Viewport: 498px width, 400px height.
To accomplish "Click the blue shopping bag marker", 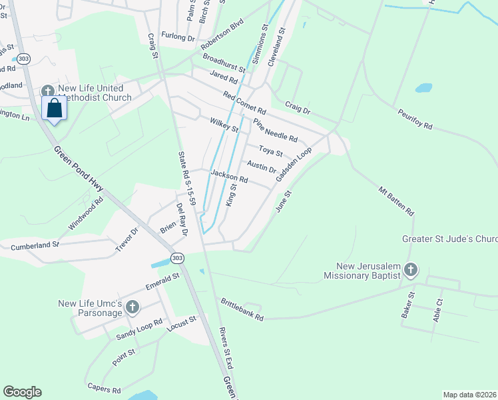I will tap(54, 109).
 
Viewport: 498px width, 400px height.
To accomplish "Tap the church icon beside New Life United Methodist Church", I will tap(47, 91).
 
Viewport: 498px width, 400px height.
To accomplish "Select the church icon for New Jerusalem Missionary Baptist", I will tap(411, 270).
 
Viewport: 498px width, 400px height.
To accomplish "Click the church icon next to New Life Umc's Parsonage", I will tap(132, 307).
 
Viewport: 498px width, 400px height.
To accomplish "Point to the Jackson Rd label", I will tap(229, 176).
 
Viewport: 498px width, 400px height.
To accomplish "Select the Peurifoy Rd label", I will tap(415, 121).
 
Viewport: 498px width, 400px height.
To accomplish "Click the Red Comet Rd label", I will tap(244, 102).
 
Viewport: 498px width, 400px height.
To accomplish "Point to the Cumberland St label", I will tap(35, 246).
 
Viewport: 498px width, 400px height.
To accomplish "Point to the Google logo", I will tap(22, 392).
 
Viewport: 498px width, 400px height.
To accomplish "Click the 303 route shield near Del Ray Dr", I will tap(176, 257).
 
